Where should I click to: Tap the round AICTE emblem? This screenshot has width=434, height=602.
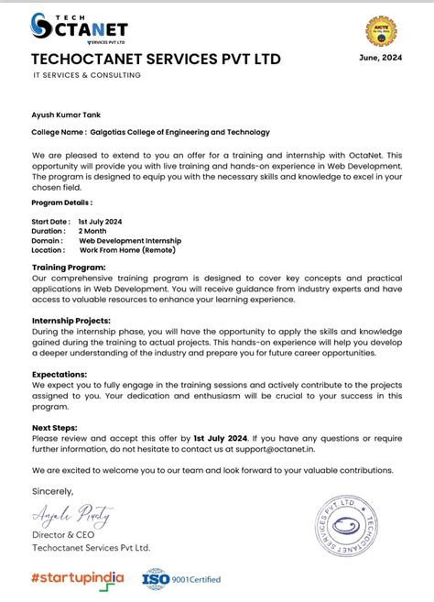coord(381,31)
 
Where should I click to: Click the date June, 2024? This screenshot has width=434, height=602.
coord(380,59)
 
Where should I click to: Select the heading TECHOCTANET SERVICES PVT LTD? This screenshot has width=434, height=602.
coord(156,60)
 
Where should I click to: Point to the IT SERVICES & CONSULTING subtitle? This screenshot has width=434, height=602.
coord(87,75)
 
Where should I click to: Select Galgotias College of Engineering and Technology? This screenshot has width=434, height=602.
coord(193,132)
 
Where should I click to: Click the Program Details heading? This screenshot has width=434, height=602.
coord(61,202)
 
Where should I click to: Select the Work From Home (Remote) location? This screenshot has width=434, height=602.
coord(127,250)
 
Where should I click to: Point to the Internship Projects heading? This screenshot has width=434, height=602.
coord(71,321)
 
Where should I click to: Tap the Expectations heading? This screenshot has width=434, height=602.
coord(60,374)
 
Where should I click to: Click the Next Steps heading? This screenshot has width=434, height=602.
coord(55,427)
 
